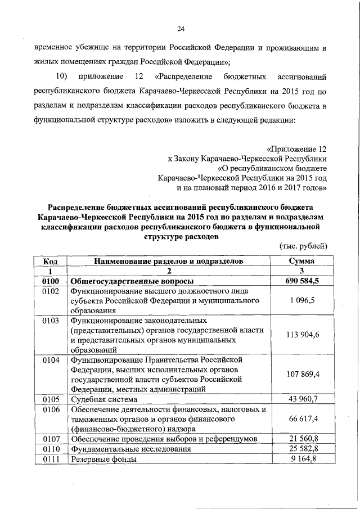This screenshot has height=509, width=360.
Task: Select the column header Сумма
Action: pyautogui.click(x=301, y=262)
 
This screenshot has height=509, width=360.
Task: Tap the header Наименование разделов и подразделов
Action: pyautogui.click(x=169, y=262)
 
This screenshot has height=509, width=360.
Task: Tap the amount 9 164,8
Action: pyautogui.click(x=301, y=460)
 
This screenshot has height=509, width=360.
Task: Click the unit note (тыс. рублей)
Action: pyautogui.click(x=303, y=246)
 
